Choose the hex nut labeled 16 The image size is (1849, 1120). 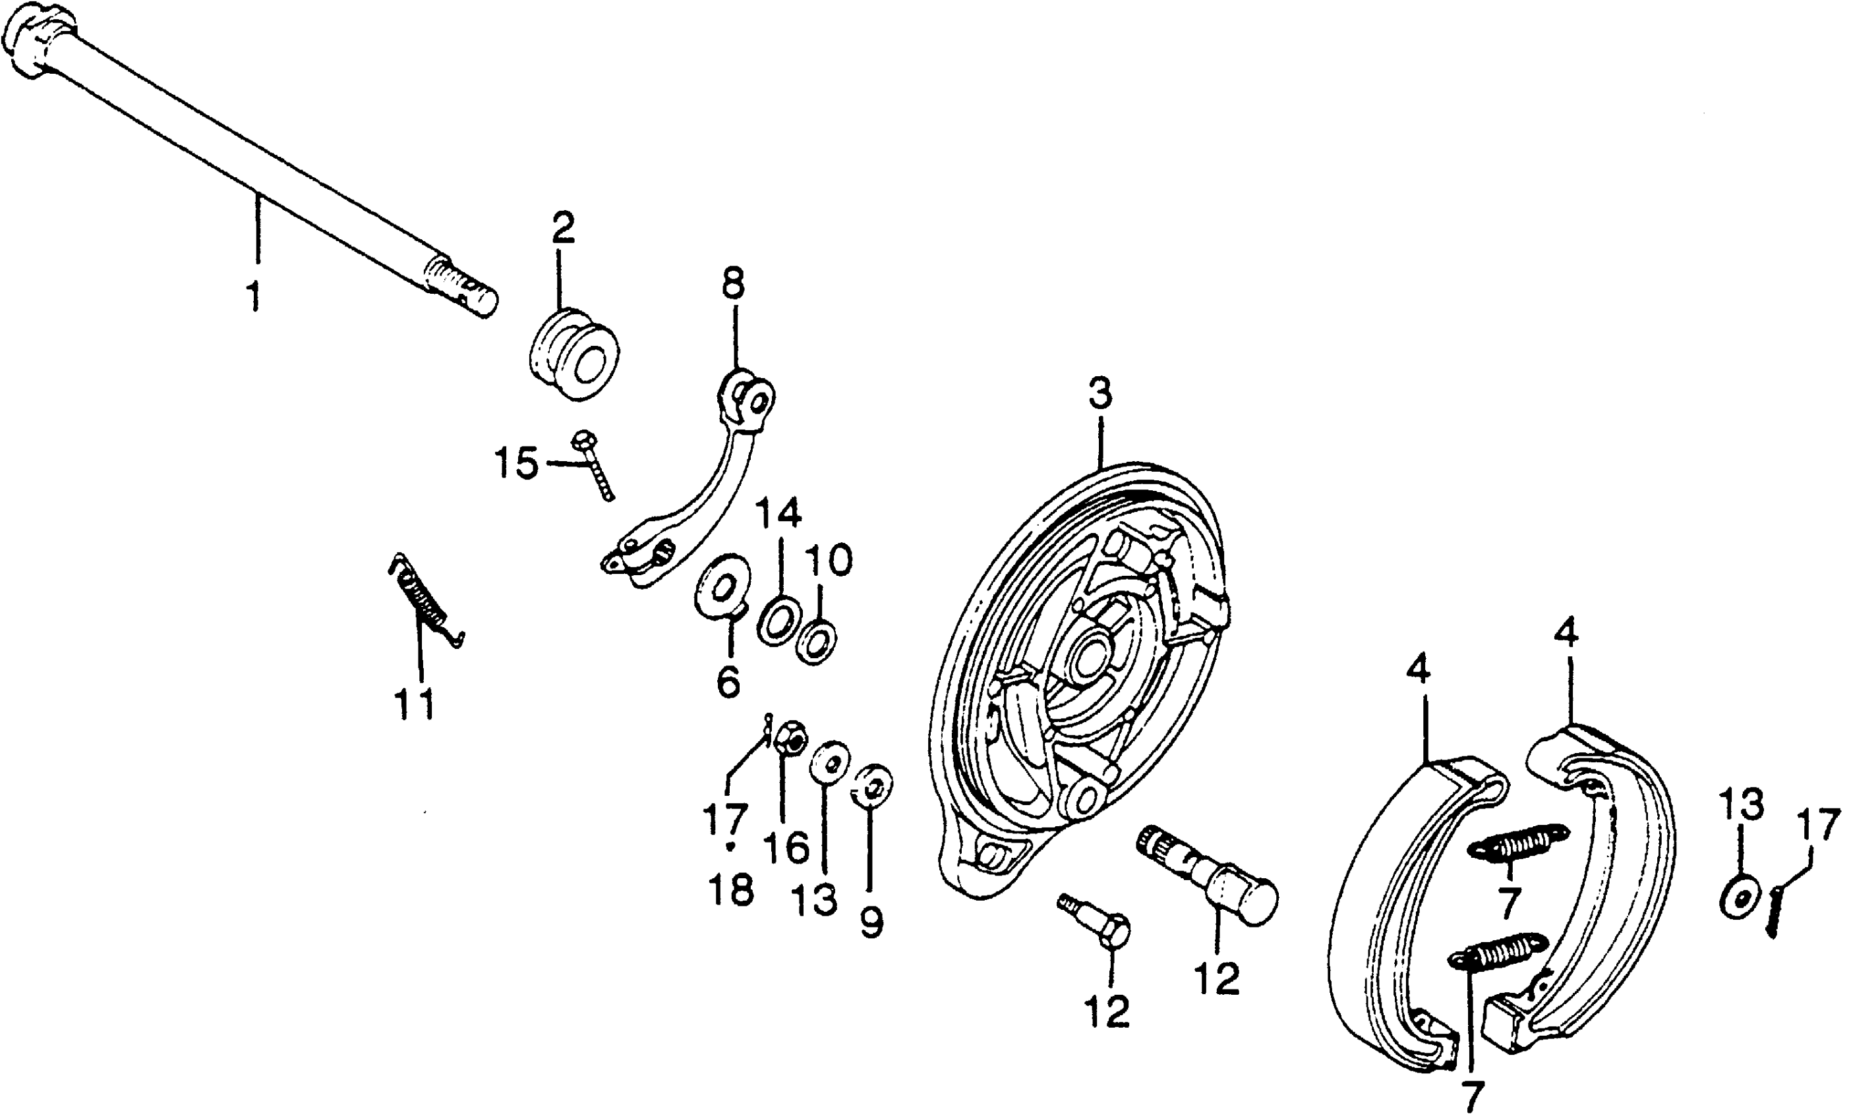click(x=790, y=740)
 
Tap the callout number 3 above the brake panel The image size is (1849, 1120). click(x=1100, y=394)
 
